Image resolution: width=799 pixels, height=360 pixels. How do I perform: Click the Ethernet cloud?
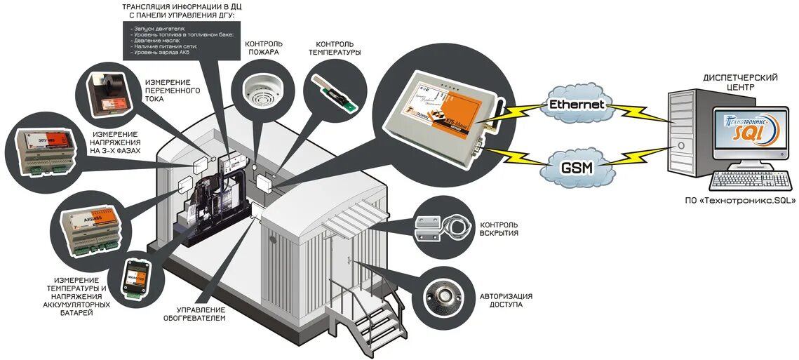(577, 104)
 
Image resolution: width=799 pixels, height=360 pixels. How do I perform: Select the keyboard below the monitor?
(746, 180)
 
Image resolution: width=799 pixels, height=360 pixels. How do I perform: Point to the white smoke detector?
(262, 89)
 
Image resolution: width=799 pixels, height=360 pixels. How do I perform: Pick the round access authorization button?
(445, 295)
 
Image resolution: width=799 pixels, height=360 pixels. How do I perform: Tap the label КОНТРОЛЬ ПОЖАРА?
(262, 47)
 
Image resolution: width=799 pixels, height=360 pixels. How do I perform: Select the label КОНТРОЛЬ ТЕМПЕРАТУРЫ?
(335, 47)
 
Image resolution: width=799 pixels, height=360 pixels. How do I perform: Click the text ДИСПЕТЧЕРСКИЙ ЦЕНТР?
(739, 83)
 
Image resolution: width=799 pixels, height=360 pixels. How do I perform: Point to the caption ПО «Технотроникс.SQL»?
(741, 200)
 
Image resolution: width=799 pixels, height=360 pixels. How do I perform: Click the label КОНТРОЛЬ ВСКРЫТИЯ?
(499, 229)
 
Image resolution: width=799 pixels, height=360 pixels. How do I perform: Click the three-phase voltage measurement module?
(43, 151)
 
